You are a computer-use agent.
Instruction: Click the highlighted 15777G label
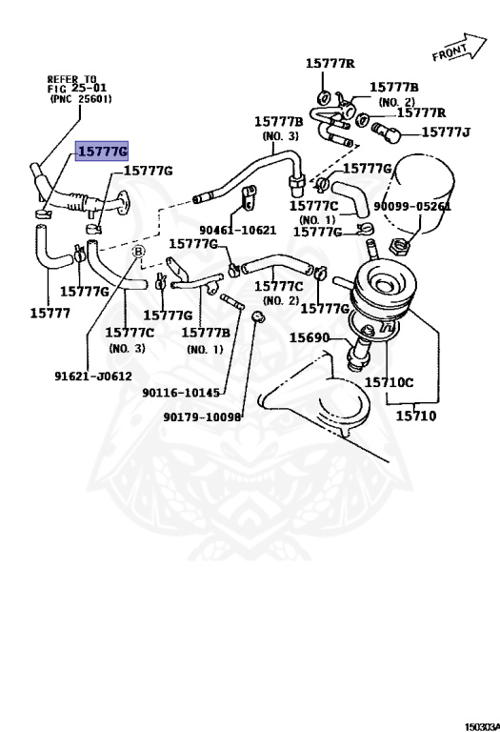[102, 151]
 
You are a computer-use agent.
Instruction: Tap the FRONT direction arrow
[459, 48]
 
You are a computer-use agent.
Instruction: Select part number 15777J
[446, 132]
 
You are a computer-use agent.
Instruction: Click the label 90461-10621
[238, 230]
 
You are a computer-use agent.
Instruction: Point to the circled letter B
[138, 252]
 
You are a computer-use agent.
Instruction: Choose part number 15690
[310, 337]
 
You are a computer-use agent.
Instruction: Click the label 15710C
[389, 382]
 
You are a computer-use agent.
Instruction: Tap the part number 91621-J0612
[93, 376]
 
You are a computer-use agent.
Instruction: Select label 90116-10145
[181, 393]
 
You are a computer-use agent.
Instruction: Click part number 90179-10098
[203, 417]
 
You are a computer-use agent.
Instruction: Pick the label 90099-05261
[412, 206]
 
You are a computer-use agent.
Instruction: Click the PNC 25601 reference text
[81, 99]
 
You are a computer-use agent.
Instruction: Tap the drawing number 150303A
[482, 727]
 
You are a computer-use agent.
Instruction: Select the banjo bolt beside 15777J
[387, 132]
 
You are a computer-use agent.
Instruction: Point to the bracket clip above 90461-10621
[249, 197]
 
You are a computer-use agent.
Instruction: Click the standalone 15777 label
[50, 314]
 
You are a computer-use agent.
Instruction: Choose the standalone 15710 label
[416, 416]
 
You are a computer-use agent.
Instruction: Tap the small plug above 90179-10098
[257, 316]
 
